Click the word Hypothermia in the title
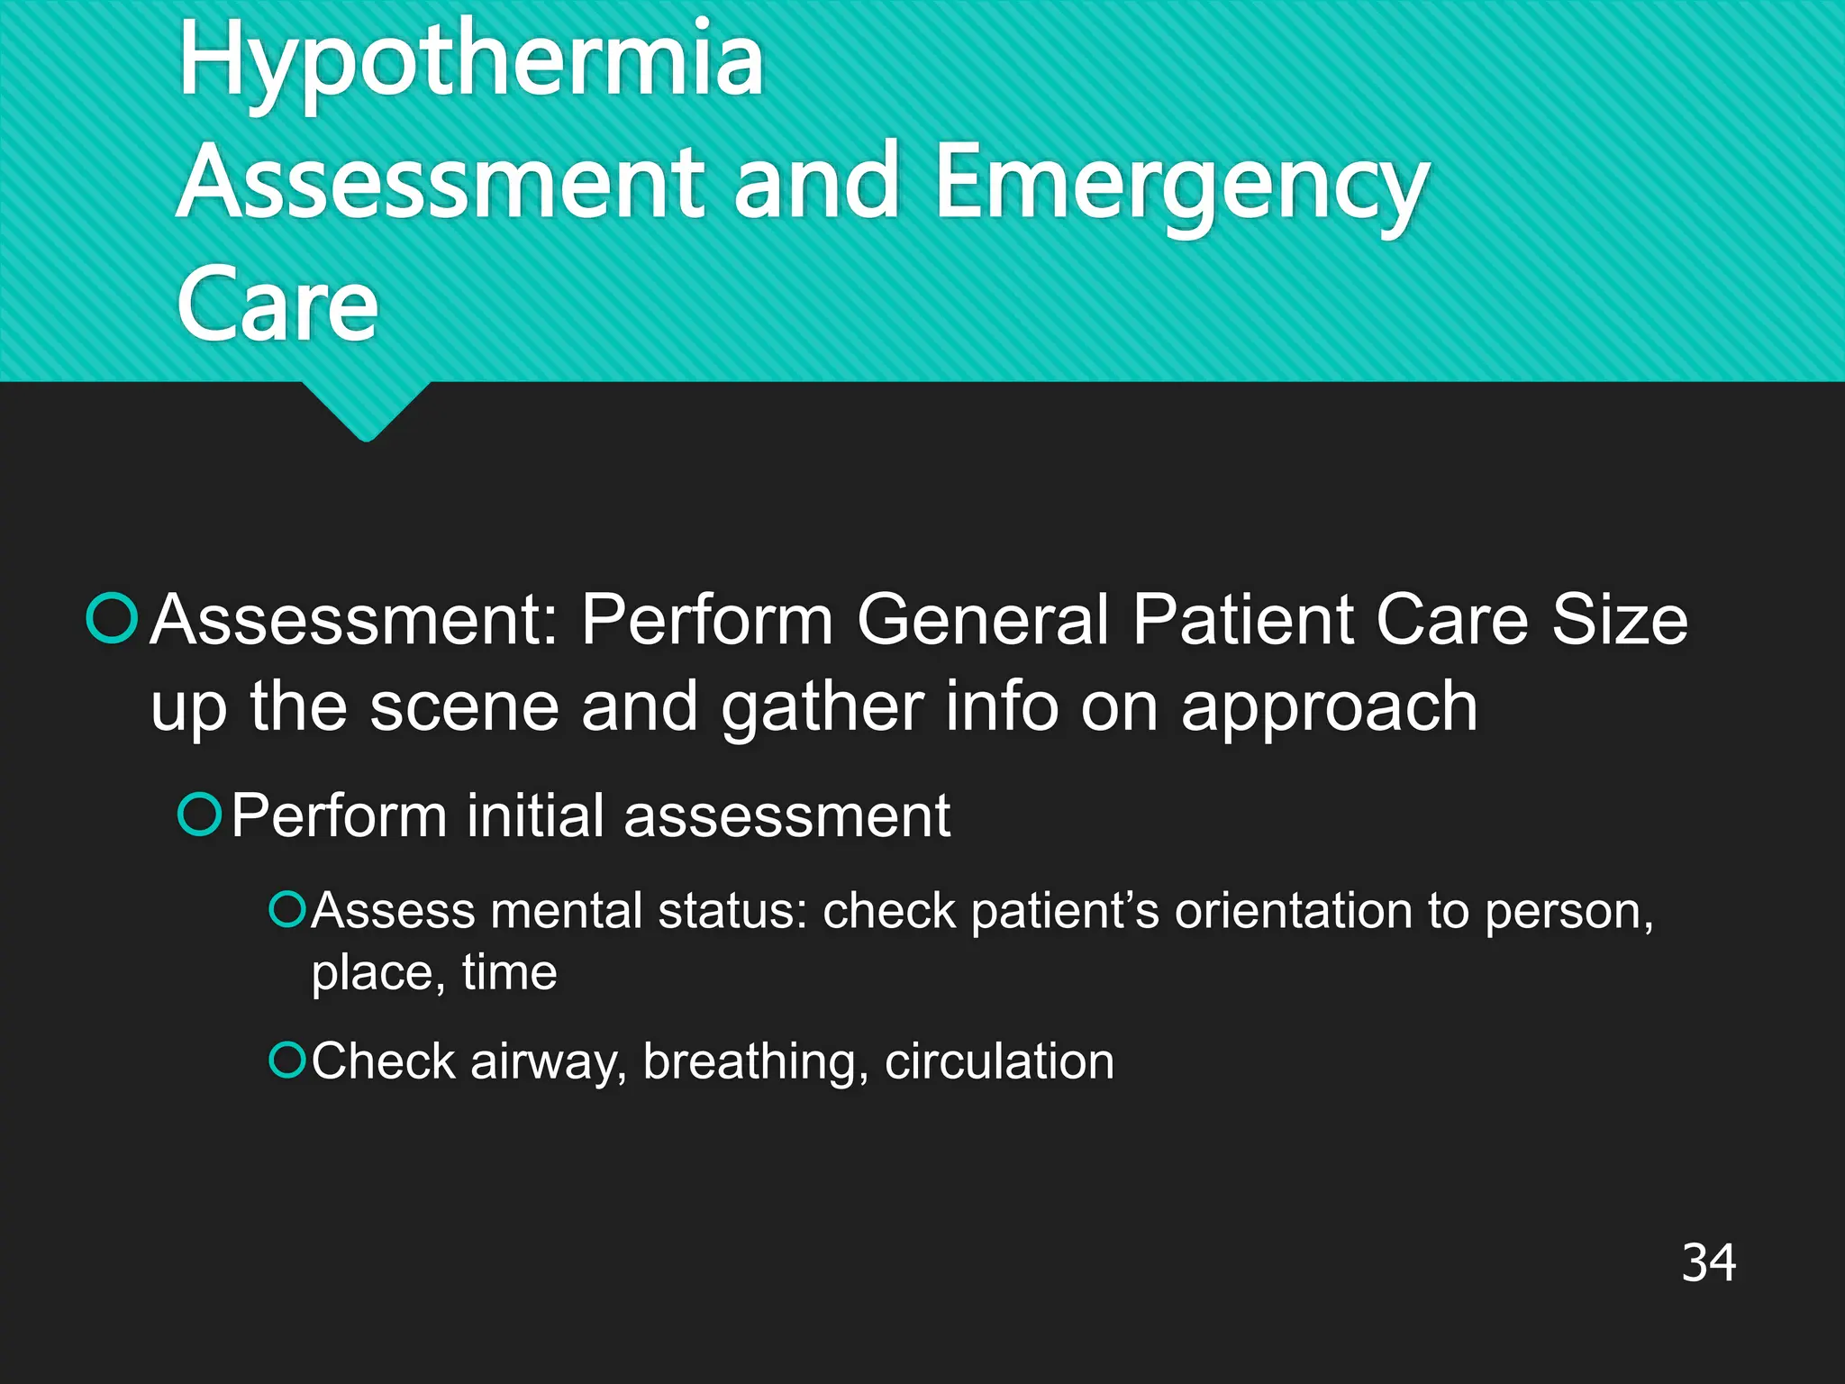[470, 61]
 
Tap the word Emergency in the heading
[1181, 185]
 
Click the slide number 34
[1708, 1262]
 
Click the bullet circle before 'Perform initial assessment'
[199, 815]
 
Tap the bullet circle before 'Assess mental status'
[287, 909]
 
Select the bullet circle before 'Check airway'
[287, 1060]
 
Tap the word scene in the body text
[464, 707]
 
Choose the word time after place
[509, 973]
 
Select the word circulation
[999, 1061]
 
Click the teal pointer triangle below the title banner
[366, 410]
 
